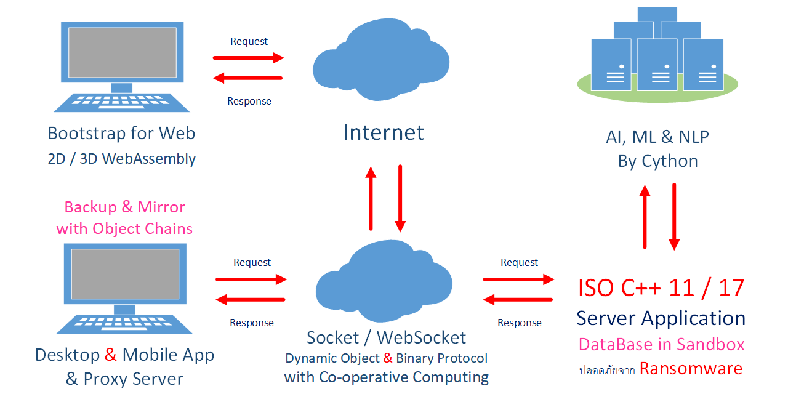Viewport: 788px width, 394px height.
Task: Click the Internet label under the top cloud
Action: point(384,132)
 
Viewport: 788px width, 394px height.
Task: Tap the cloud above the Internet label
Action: point(381,60)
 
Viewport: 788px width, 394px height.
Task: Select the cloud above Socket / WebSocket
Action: point(384,281)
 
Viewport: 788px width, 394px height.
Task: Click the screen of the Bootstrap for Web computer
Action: point(123,52)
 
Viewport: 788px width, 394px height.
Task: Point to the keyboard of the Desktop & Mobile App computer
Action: point(124,324)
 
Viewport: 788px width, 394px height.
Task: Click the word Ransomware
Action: point(691,369)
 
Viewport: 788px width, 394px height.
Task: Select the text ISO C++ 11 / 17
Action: point(661,288)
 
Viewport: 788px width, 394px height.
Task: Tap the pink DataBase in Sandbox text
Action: point(661,344)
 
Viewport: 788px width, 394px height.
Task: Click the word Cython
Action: point(670,161)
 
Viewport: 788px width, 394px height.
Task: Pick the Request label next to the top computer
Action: point(249,41)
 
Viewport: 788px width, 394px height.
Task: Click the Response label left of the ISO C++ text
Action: point(519,323)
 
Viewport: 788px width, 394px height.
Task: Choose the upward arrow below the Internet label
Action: point(371,198)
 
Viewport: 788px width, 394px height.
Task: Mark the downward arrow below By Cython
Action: point(674,217)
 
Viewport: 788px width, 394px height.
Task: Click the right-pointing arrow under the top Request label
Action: point(248,58)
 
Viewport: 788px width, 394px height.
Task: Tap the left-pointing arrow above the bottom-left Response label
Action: point(251,300)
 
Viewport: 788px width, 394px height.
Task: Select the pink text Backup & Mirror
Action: point(125,207)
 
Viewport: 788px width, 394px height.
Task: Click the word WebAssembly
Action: point(149,159)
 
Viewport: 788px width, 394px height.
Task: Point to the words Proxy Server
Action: point(134,379)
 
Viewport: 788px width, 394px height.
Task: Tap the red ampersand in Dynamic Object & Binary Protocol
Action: point(388,358)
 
